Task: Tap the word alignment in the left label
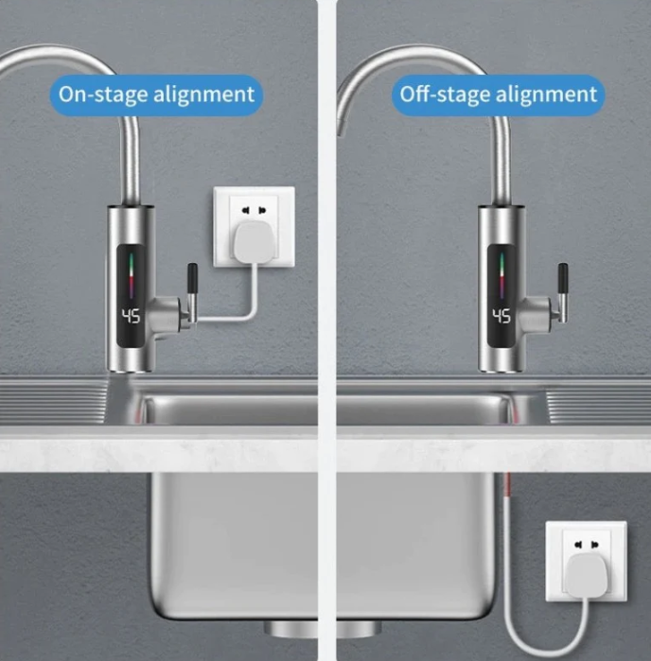point(203,94)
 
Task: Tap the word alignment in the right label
point(546,94)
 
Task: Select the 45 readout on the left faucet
point(131,316)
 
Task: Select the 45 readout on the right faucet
point(501,316)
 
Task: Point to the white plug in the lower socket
point(588,576)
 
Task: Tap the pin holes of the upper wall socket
point(254,210)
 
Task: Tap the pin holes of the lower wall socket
point(586,545)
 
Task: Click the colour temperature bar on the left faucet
point(131,275)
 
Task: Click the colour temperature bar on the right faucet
point(501,275)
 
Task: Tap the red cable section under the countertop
point(507,484)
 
